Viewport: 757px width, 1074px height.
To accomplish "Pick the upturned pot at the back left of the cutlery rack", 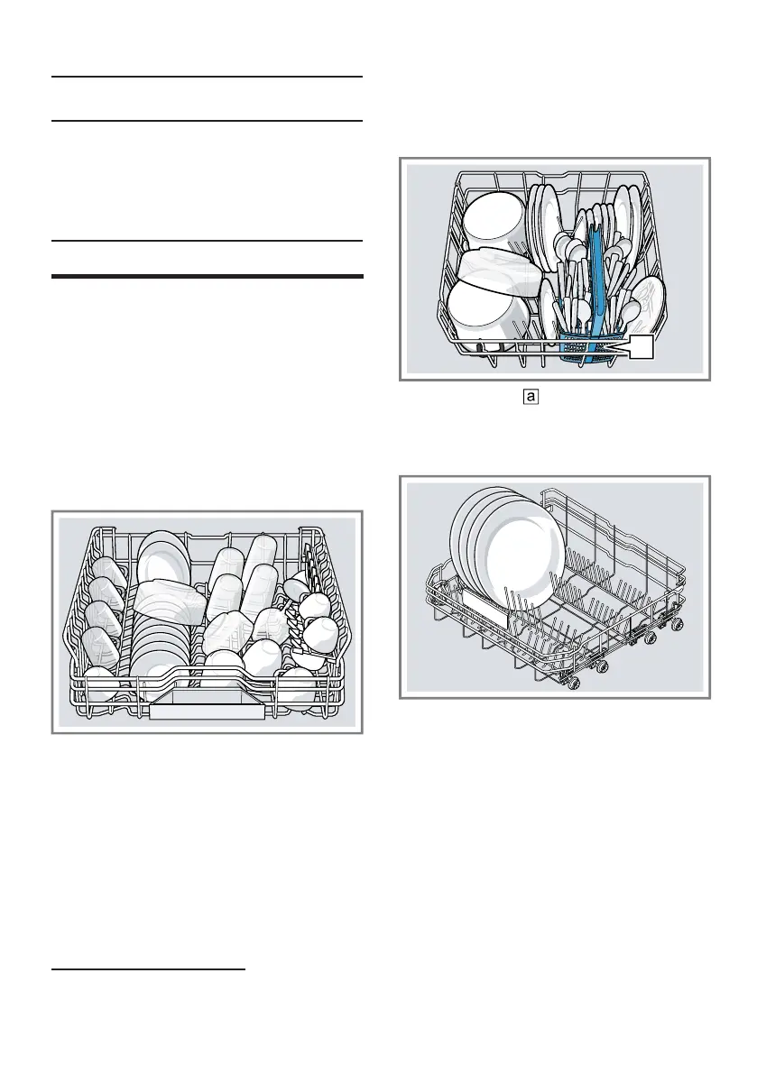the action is coord(494,217).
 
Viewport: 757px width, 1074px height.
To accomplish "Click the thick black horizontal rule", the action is coord(208,276).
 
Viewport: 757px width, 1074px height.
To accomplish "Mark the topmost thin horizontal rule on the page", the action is coord(208,78).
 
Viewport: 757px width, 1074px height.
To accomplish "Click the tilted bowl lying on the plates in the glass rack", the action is coord(172,599).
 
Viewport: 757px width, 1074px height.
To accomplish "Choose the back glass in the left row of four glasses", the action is coord(110,571).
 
